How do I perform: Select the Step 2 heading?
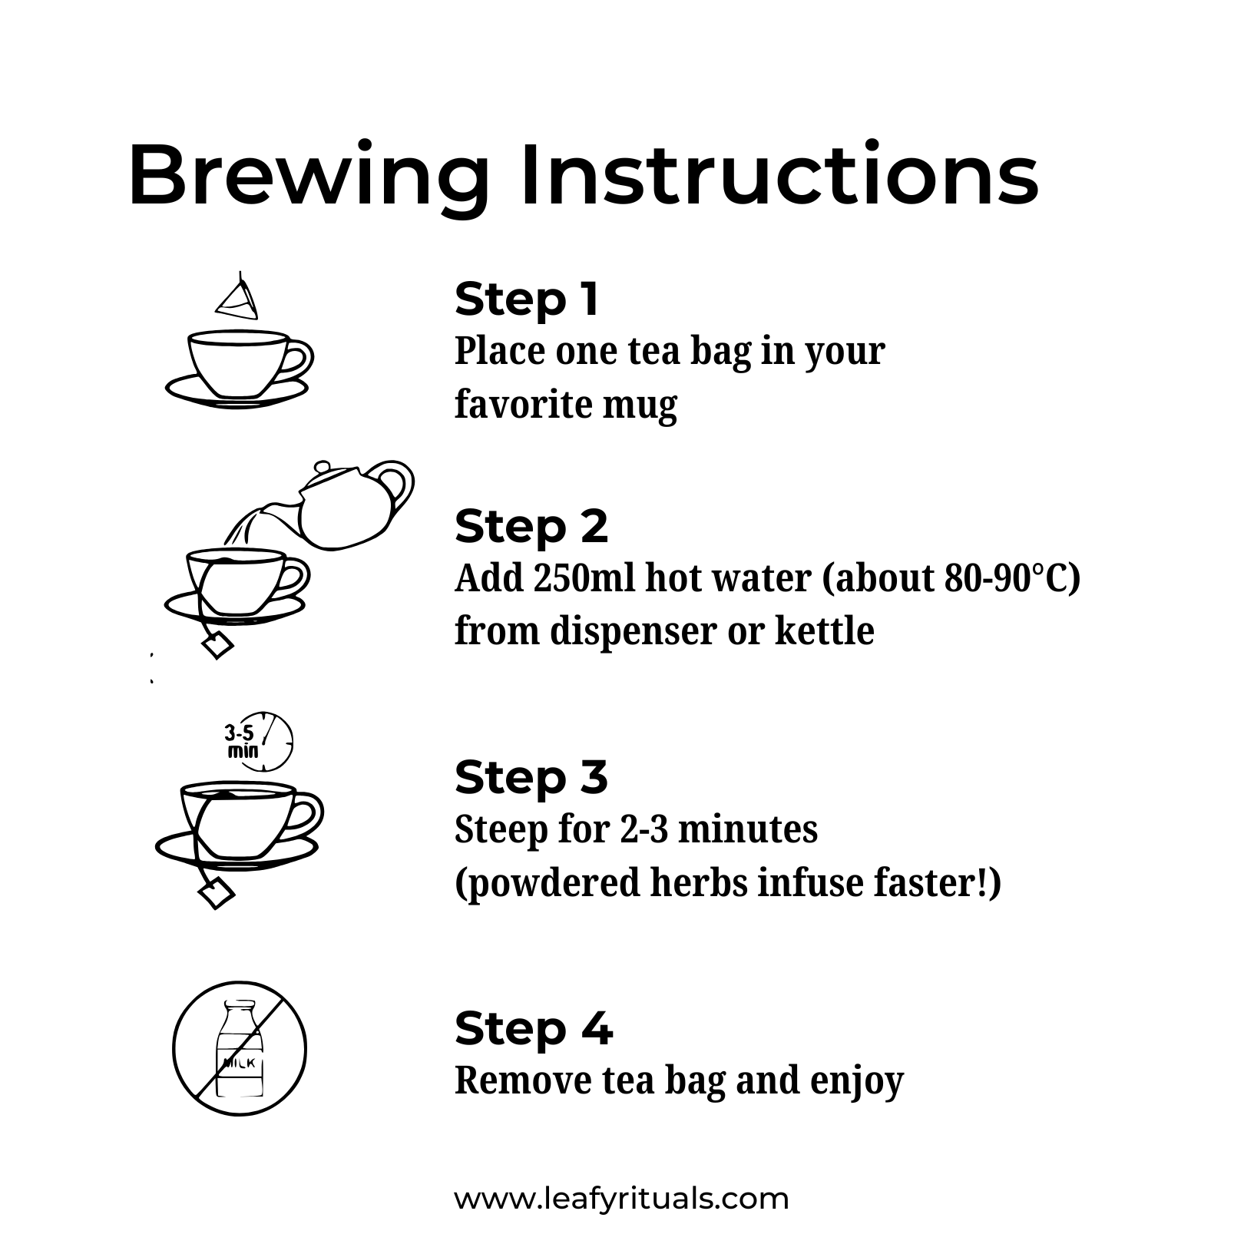531,528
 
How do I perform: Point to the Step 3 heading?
531,777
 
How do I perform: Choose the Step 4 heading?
533,1028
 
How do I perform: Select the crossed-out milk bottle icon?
240,1049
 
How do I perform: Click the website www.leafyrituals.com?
621,1198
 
